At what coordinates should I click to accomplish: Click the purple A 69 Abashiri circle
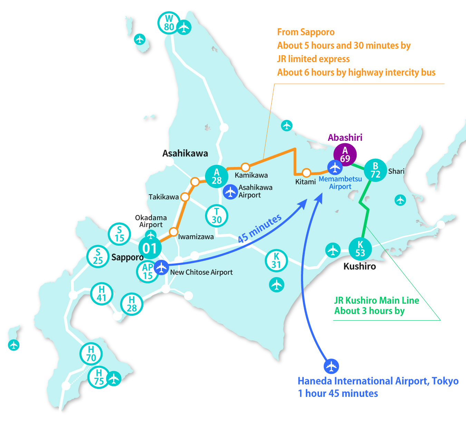[345, 155]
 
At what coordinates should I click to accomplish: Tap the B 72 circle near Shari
[375, 170]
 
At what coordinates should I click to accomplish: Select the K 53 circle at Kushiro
[360, 249]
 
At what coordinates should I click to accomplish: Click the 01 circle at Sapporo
[150, 248]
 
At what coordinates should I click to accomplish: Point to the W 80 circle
[169, 23]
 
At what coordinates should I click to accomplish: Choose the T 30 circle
[216, 216]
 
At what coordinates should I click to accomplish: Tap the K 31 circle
[276, 261]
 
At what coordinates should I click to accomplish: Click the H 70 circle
[91, 354]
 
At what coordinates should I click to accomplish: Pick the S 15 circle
[119, 234]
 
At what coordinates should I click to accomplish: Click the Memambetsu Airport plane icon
[335, 167]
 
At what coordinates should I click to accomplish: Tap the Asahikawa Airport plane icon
[230, 192]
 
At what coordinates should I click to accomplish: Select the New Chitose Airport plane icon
[161, 267]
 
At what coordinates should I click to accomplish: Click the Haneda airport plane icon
[331, 366]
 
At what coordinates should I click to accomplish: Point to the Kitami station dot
[306, 173]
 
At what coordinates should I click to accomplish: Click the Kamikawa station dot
[245, 167]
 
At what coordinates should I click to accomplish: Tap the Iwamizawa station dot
[174, 232]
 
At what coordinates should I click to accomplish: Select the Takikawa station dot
[185, 197]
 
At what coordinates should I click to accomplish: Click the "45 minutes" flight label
[260, 228]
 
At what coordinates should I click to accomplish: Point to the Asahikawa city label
[185, 153]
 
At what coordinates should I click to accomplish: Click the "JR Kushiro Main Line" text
[377, 300]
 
